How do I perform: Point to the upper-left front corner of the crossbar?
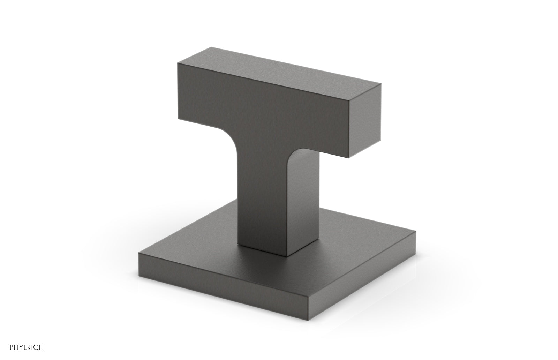coord(177,63)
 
